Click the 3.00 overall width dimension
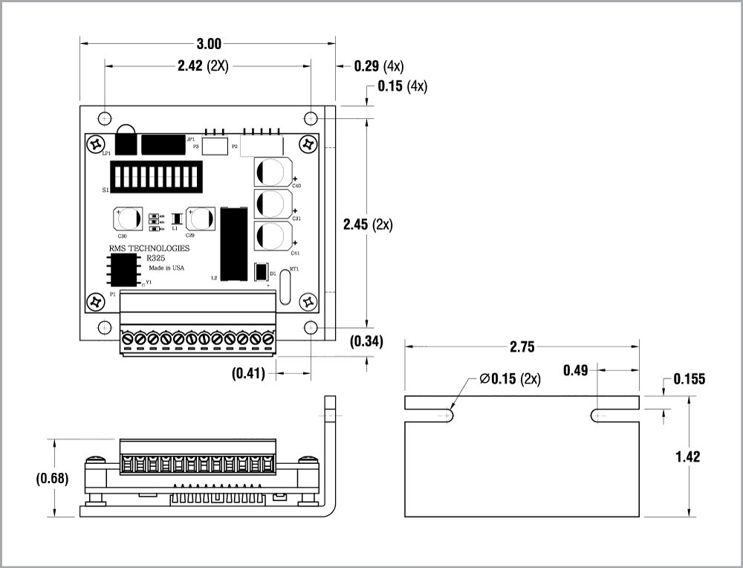pyautogui.click(x=209, y=44)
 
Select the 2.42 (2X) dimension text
pyautogui.click(x=203, y=65)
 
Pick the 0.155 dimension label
pyautogui.click(x=690, y=379)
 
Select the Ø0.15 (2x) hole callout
pyautogui.click(x=510, y=379)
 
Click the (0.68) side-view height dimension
pyautogui.click(x=52, y=479)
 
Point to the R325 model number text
pyautogui.click(x=156, y=258)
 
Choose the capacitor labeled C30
pyautogui.click(x=128, y=220)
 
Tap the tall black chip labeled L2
pyautogui.click(x=234, y=244)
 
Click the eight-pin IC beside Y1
pyautogui.click(x=124, y=268)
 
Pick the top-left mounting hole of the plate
pyautogui.click(x=105, y=117)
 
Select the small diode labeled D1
pyautogui.click(x=261, y=273)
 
